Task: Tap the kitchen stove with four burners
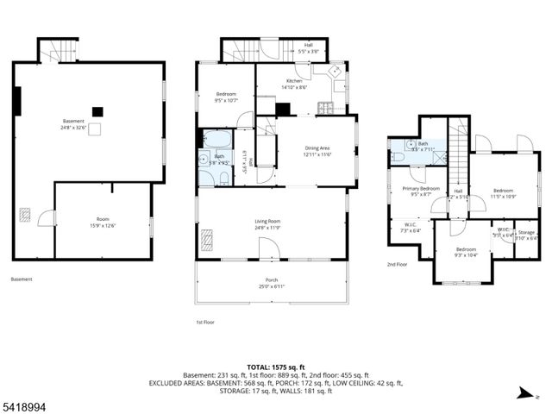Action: [x=327, y=108]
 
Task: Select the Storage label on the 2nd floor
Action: [x=526, y=235]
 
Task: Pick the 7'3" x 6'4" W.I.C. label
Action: [x=411, y=228]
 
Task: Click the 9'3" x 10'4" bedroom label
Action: [x=467, y=252]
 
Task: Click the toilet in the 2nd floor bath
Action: [x=397, y=157]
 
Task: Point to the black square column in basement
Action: [x=97, y=110]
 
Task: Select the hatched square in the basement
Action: [x=25, y=216]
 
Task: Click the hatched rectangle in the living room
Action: [x=208, y=237]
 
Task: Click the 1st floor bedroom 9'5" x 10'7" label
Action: [x=225, y=96]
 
